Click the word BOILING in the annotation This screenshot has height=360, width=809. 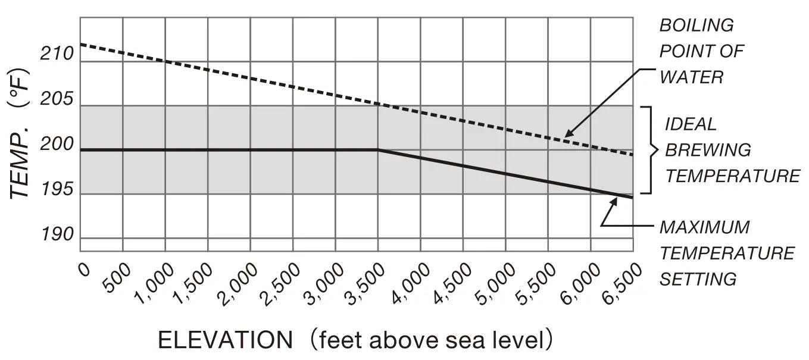tap(696, 26)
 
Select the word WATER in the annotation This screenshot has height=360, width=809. tap(691, 77)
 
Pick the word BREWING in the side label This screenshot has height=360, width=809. tap(708, 150)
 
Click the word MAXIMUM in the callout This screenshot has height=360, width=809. tap(704, 227)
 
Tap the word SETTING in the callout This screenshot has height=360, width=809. tap(698, 279)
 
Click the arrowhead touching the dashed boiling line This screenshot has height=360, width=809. tap(566, 134)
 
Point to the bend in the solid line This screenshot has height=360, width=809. tap(378, 150)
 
